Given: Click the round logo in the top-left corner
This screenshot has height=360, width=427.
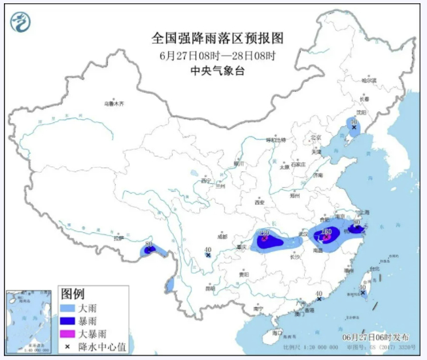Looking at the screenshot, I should coord(21,23).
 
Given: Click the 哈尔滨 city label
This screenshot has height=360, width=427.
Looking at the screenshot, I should coord(370,79).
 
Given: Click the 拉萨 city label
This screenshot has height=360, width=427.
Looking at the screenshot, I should coord(118,239).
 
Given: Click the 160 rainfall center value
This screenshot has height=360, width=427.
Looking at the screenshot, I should coord(326,231).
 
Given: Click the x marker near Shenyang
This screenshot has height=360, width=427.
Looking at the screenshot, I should coord(354,128).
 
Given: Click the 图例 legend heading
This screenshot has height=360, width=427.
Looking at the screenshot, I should coord(73,293).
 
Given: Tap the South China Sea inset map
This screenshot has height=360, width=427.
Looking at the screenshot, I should coord(30,321).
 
